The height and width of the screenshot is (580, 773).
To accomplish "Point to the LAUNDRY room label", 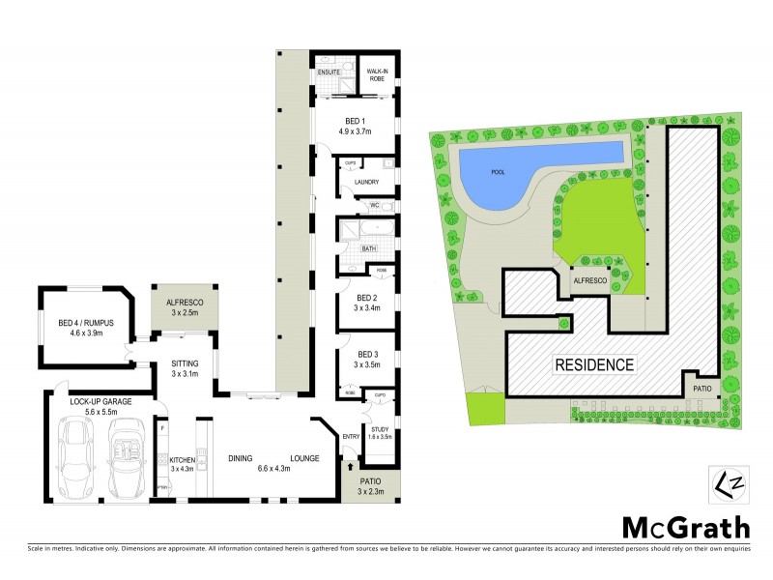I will [x=366, y=182].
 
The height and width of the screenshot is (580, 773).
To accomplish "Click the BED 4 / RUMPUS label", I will [x=80, y=324].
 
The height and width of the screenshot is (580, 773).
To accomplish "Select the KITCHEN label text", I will [x=183, y=459].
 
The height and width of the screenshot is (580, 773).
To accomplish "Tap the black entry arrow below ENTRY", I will [x=349, y=467].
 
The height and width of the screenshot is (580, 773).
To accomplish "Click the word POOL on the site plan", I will [x=499, y=172].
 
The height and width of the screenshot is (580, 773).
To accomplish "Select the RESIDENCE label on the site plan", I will [x=594, y=365].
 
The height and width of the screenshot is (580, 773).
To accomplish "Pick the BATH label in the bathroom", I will [x=368, y=248].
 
